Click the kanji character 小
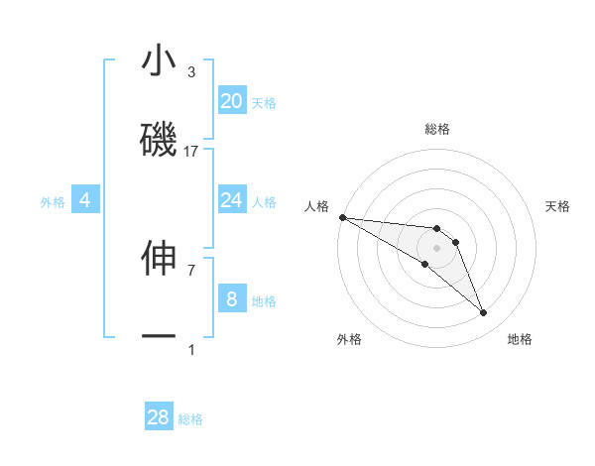[159, 61]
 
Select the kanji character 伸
[159, 257]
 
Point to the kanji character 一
[159, 337]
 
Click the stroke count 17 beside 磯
[191, 152]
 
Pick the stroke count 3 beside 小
[191, 72]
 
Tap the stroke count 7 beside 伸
[191, 270]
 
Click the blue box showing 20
[231, 101]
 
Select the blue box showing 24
[231, 200]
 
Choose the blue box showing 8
[231, 298]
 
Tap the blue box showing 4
[85, 200]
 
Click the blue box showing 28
[159, 417]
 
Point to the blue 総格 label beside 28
[190, 419]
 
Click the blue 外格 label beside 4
[53, 202]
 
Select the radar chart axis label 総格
[436, 129]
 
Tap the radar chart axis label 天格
[558, 206]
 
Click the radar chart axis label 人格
[316, 206]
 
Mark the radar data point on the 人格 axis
[341, 217]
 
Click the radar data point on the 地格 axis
[484, 313]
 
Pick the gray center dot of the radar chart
[436, 248]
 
